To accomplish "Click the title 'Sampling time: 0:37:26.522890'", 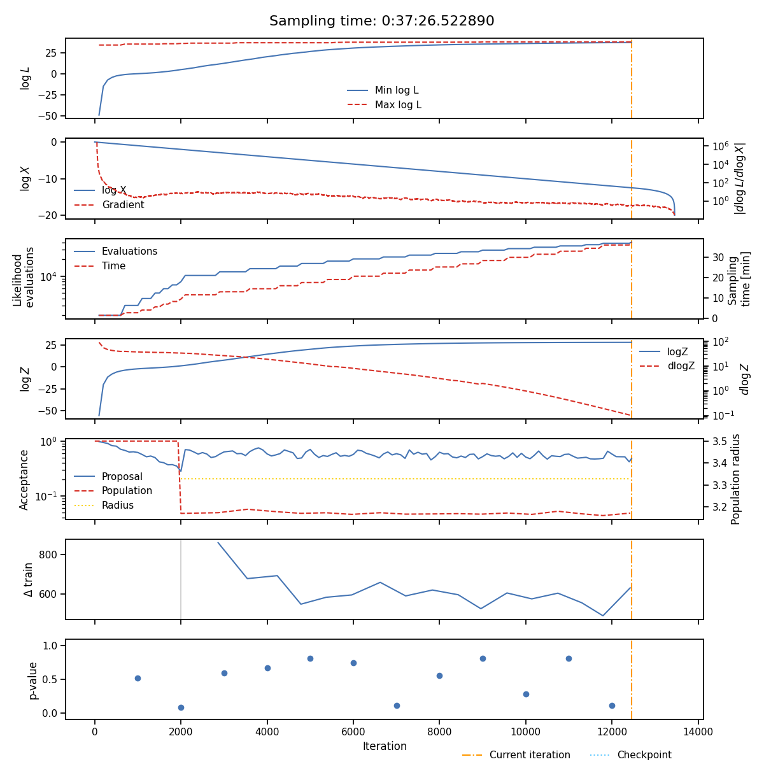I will pos(381,21).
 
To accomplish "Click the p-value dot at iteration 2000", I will pos(181,707).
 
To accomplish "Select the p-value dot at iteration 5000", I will pos(310,658).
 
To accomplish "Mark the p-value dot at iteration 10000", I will pos(526,694).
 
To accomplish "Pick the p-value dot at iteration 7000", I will pos(397,705).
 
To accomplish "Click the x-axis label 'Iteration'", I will pos(385,746).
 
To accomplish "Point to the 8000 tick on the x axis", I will pos(439,732).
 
